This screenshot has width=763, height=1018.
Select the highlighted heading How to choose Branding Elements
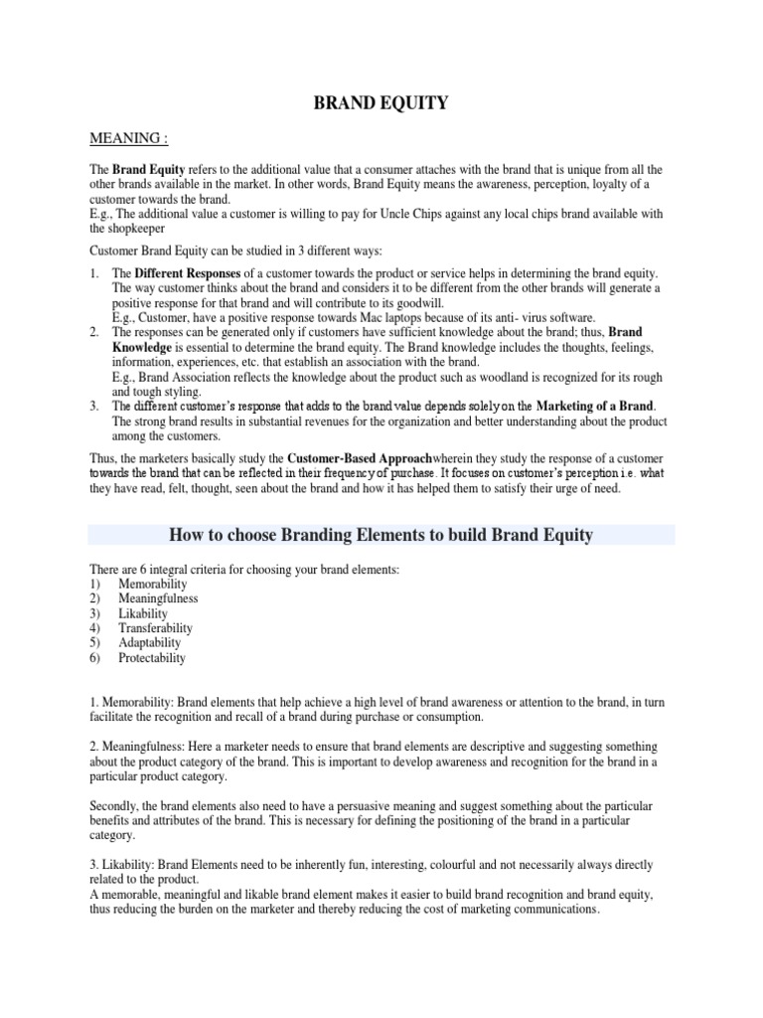(381, 535)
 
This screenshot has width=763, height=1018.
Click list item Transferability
(155, 628)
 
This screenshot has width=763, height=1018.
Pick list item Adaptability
(150, 643)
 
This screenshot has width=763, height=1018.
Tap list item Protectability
(152, 658)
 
